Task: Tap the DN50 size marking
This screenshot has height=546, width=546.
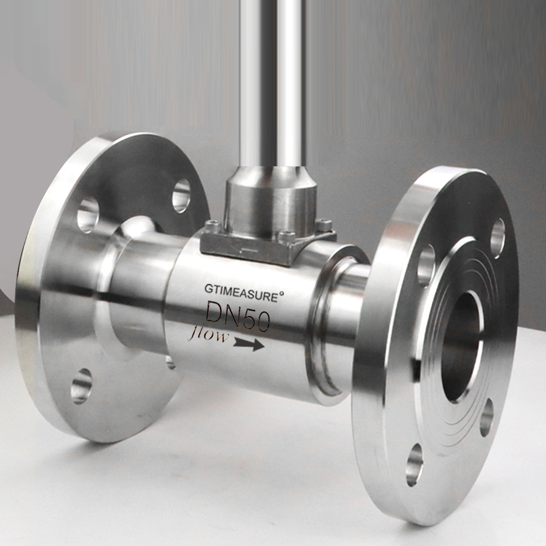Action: tap(238, 317)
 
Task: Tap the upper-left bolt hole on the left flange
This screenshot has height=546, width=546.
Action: tap(87, 214)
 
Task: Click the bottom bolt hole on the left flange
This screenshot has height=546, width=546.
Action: tap(81, 385)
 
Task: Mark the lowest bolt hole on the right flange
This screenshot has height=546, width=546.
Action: tap(414, 464)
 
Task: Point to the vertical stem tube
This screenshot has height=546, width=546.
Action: tap(271, 82)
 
